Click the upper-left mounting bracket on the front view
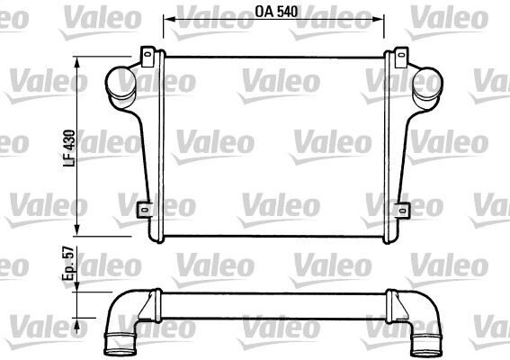[x=146, y=58]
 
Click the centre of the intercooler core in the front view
[x=274, y=144]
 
